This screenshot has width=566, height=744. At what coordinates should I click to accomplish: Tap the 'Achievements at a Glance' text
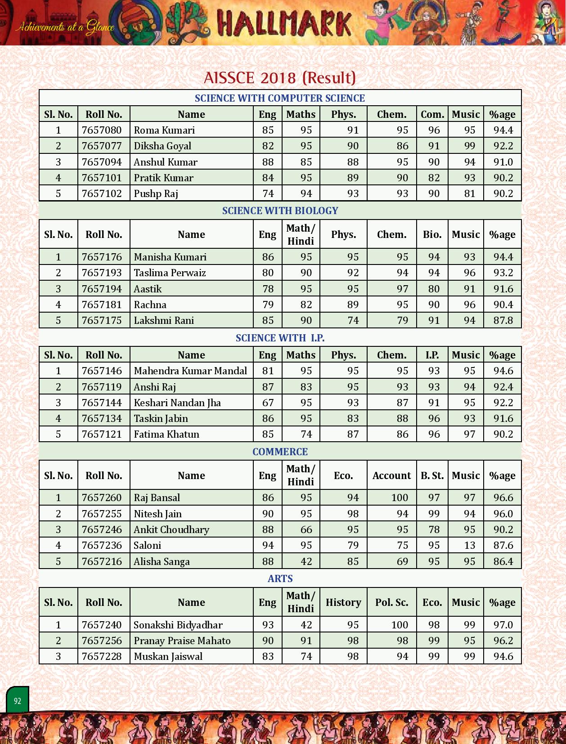[x=65, y=27]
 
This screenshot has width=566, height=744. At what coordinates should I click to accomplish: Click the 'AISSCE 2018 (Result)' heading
[x=280, y=78]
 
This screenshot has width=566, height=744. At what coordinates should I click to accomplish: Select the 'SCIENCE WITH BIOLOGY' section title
[x=280, y=211]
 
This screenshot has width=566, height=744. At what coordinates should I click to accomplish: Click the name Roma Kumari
[x=164, y=130]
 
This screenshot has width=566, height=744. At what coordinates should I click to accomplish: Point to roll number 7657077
[x=102, y=146]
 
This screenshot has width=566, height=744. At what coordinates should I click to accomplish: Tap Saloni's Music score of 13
[x=469, y=546]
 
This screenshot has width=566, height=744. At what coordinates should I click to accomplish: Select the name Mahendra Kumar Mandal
[x=190, y=371]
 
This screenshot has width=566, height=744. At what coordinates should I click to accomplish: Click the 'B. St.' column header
[x=432, y=475]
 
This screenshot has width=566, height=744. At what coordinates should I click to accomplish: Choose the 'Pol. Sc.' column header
[x=391, y=602]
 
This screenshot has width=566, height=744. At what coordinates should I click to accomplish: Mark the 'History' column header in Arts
[x=343, y=602]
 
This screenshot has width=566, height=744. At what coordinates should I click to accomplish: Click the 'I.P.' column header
[x=432, y=355]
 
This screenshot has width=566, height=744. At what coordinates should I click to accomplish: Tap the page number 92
[x=18, y=701]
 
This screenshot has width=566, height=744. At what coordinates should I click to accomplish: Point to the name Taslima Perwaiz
[x=170, y=273]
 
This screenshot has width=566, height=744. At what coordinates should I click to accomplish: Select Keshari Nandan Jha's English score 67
[x=268, y=403]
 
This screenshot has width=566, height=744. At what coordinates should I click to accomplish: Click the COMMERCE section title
[x=280, y=452]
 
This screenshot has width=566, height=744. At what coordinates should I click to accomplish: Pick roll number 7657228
[x=102, y=657]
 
